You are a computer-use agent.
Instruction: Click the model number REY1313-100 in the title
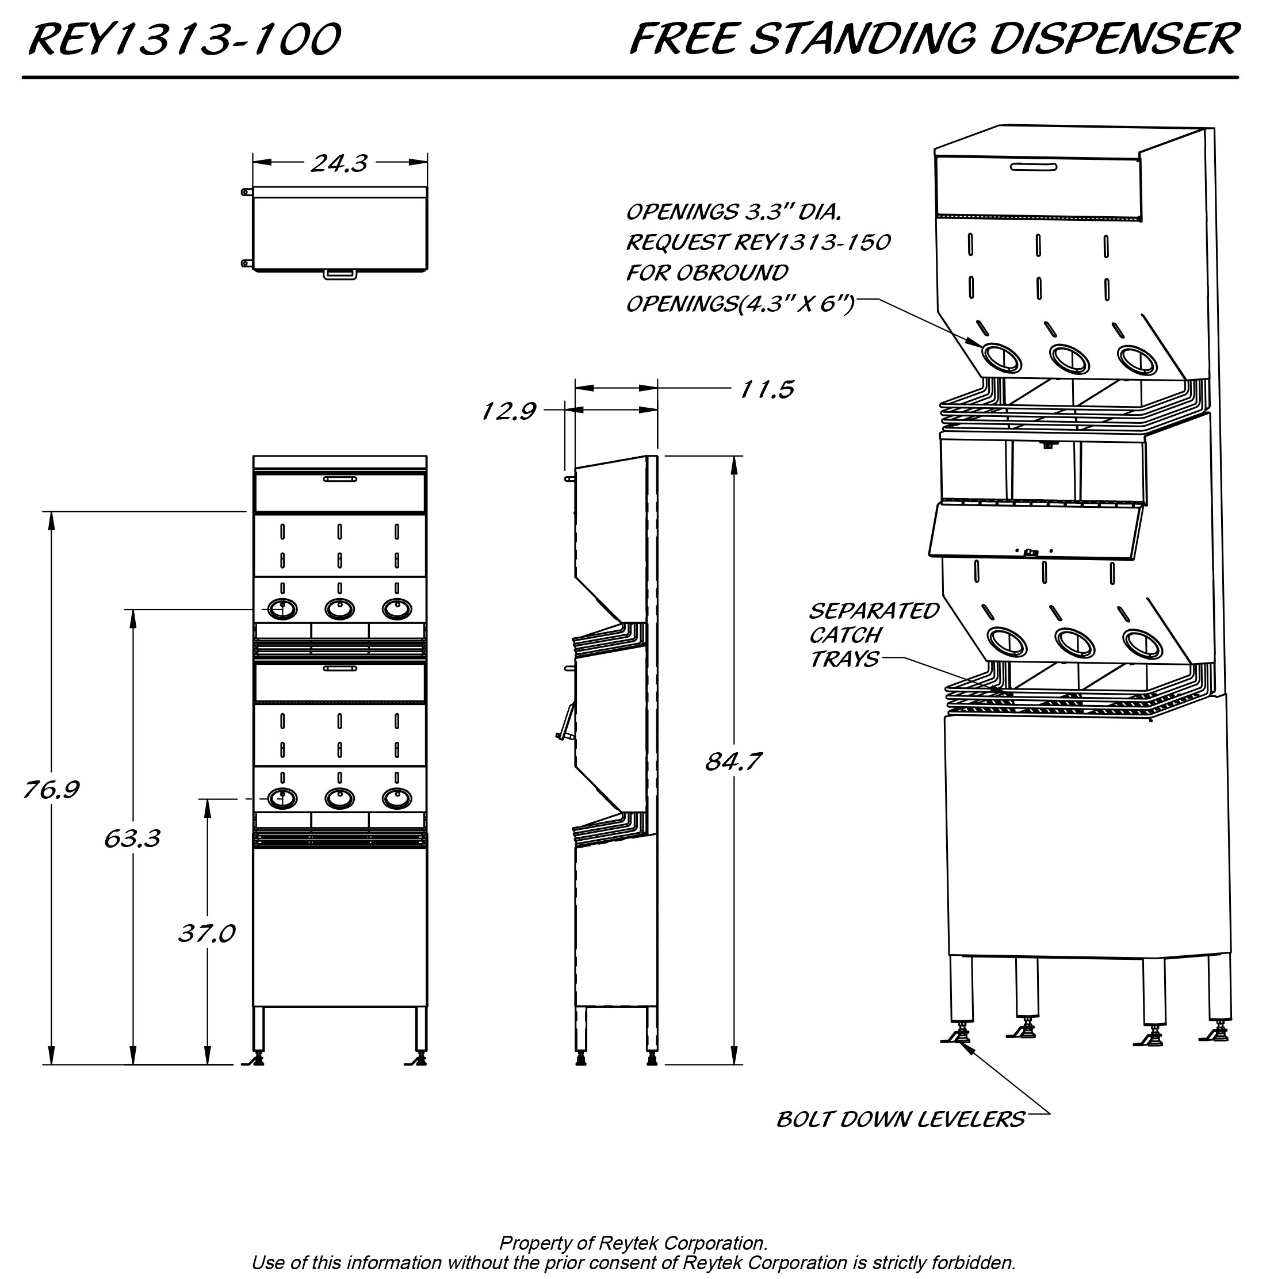(184, 40)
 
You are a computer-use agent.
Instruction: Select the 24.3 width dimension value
(339, 163)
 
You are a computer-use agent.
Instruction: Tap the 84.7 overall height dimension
(733, 761)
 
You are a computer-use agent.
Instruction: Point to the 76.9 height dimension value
(52, 789)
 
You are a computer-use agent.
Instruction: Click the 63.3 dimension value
(132, 838)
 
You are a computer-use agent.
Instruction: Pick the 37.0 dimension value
(206, 933)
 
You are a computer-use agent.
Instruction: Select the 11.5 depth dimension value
(767, 389)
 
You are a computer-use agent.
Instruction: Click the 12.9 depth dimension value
(508, 411)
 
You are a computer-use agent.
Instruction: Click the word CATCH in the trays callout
(846, 635)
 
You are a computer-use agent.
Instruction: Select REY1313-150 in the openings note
(813, 242)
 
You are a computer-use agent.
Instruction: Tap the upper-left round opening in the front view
(282, 608)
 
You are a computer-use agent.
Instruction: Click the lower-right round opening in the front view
(397, 798)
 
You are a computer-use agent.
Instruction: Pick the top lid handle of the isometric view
(1034, 166)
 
